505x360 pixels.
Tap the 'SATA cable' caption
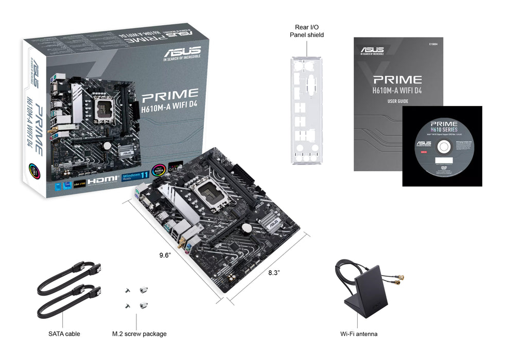click(x=64, y=334)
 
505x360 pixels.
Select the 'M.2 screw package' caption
click(x=139, y=334)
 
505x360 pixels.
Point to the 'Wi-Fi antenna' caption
click(x=359, y=334)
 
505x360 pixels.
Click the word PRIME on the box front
click(x=170, y=94)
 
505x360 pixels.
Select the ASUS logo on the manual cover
click(x=372, y=50)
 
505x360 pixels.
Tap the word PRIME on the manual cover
click(x=397, y=80)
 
